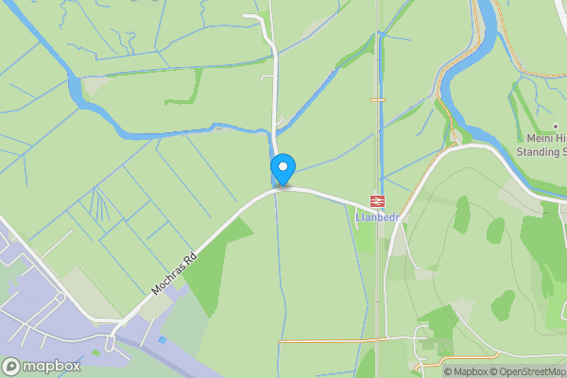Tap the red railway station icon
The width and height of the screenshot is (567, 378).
click(x=377, y=200)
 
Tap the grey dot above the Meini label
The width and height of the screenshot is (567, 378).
click(x=555, y=127)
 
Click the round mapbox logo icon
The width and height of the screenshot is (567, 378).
click(x=12, y=367)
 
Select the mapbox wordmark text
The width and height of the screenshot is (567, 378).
click(x=52, y=367)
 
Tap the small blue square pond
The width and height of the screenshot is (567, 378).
click(x=163, y=339)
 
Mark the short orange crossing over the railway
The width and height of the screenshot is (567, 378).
click(x=377, y=99)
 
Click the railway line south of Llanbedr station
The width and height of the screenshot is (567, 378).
click(x=378, y=283)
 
